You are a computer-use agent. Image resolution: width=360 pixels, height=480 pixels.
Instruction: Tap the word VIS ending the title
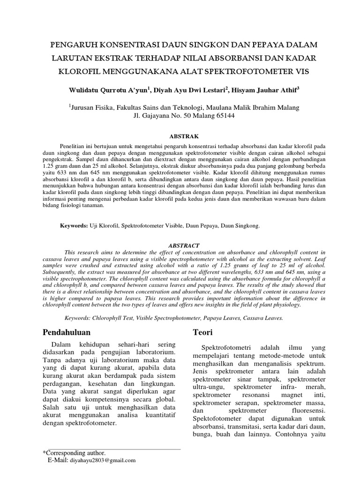302,73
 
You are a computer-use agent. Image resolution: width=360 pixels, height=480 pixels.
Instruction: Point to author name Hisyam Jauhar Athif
263,90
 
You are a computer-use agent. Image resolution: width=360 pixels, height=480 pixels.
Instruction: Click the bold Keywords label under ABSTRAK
74,225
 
